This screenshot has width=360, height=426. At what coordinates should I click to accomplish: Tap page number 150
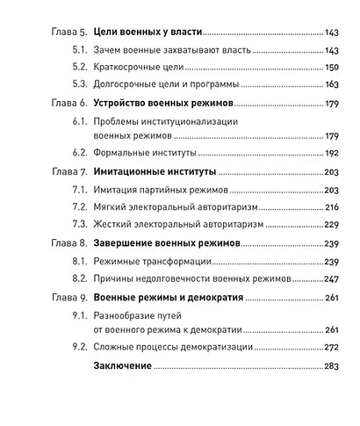coord(333,69)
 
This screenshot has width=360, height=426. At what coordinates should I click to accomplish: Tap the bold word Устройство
coord(126,104)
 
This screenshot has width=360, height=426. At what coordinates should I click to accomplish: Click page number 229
coord(333,225)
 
